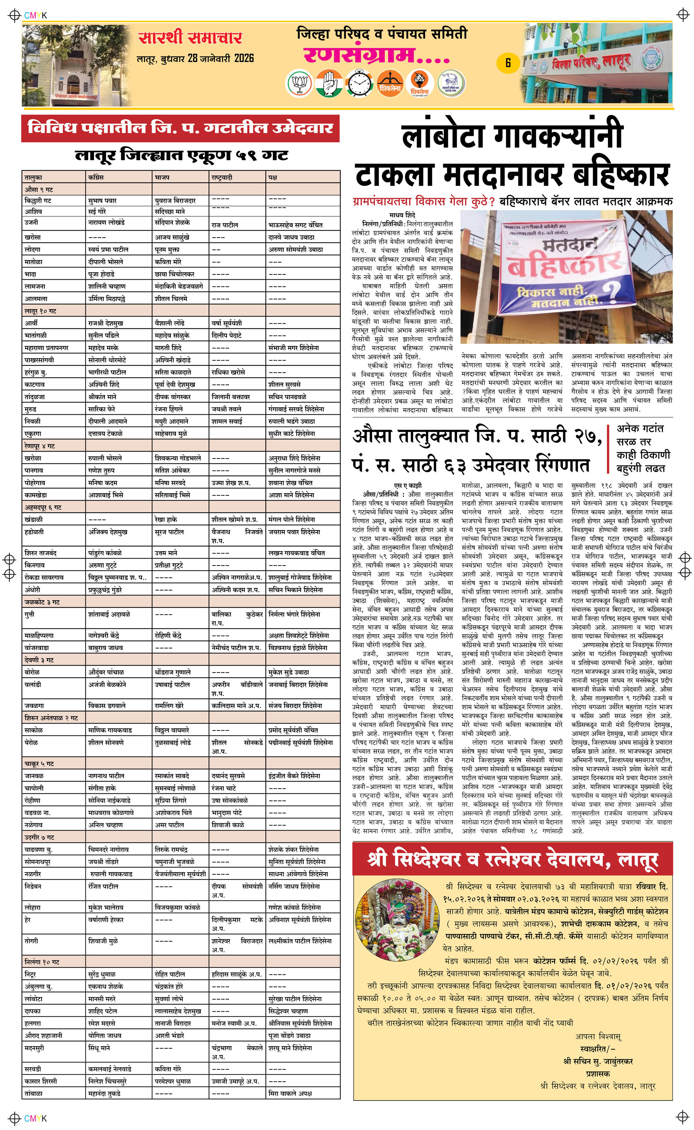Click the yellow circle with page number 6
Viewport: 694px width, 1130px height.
(508, 63)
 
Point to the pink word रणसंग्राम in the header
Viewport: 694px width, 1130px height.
(376, 56)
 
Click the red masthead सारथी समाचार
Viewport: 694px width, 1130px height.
(190, 37)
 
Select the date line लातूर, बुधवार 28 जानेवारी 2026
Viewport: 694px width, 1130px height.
(195, 58)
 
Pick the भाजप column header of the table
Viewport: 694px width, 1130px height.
(162, 177)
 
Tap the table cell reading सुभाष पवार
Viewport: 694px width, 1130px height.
(102, 201)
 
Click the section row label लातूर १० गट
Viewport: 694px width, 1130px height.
(40, 311)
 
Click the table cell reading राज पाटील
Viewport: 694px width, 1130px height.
(225, 225)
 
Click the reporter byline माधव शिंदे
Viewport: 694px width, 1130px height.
(402, 215)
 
